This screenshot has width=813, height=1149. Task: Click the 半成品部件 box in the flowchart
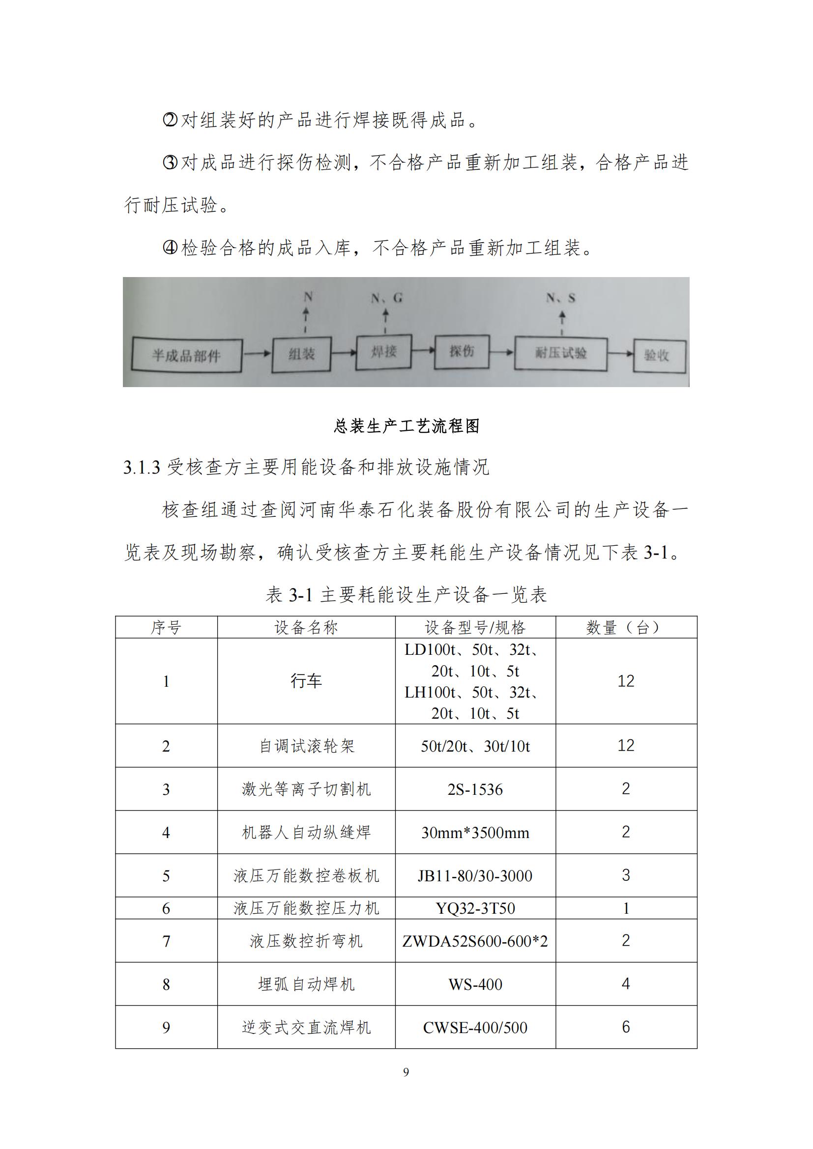pos(186,356)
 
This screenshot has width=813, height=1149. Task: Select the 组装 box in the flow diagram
pos(301,354)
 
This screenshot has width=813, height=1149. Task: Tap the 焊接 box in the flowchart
pos(383,352)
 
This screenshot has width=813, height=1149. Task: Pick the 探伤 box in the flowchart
pos(461,352)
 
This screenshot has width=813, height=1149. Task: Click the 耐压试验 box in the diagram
pos(561,353)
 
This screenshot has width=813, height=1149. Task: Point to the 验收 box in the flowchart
pos(659,355)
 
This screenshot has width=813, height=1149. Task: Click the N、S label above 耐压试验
pos(561,298)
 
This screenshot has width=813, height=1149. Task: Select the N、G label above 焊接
pos(386,298)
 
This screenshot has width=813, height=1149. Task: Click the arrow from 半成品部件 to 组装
pos(257,354)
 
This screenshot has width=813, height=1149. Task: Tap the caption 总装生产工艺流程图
pos(406,426)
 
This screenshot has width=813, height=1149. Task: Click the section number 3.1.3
pos(142,467)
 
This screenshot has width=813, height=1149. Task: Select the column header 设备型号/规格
pos(475,627)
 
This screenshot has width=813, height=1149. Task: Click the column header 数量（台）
pos(626,627)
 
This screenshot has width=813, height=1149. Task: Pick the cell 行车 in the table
pos(306,680)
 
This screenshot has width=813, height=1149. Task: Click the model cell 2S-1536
pos(475,789)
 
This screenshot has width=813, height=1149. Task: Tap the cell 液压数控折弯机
pos(306,941)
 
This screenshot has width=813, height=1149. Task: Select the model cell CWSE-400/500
pos(475,1027)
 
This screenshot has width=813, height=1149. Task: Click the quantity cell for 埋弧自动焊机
pos(626,984)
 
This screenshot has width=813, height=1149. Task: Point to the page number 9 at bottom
pos(406,1072)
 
